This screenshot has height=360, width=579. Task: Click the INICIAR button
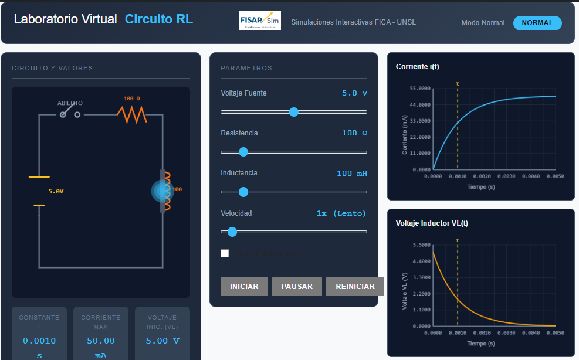coord(244,287)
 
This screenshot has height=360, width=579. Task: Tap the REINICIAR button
coord(355,287)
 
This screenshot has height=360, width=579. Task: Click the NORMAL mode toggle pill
coord(537,23)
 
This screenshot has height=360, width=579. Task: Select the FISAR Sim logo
coord(260,21)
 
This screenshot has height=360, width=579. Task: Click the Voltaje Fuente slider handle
coord(294,112)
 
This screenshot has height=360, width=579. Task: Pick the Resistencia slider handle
coord(243,152)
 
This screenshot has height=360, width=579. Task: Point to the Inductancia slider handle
coord(243,192)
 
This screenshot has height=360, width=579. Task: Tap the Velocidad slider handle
coord(232,232)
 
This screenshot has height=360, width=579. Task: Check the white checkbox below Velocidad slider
coord(225,253)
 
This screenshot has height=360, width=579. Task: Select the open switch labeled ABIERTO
coord(69,112)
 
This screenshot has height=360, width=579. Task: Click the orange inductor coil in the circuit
coord(166,191)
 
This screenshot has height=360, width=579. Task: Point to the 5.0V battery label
coord(56,191)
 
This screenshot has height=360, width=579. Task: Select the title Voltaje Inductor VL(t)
coord(432,223)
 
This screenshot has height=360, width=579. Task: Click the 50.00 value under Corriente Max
coord(101,341)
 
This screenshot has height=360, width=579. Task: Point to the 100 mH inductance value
coord(352,173)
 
